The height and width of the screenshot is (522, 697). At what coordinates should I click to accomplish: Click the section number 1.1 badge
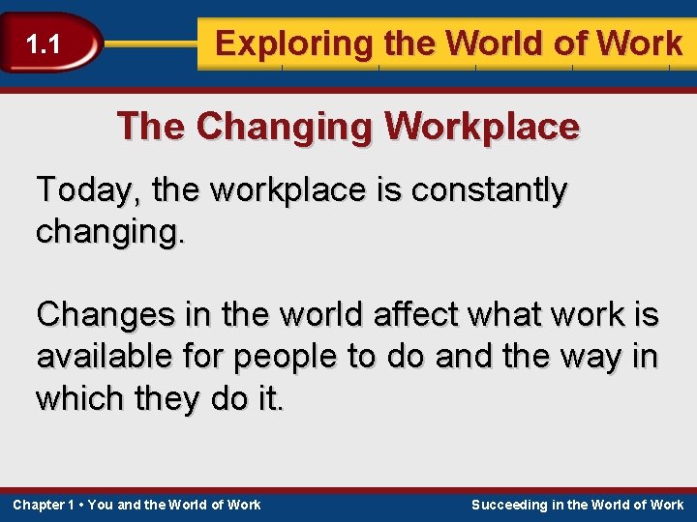click(44, 43)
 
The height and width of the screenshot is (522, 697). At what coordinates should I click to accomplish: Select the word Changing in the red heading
click(281, 127)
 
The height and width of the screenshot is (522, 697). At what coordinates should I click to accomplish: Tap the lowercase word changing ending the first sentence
click(106, 232)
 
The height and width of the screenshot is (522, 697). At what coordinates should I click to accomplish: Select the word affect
click(366, 314)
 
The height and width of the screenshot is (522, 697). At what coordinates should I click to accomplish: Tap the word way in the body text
click(591, 356)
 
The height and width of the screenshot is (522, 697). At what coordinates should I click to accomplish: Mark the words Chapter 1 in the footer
click(44, 505)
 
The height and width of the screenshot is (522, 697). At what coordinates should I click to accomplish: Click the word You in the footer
click(100, 505)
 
